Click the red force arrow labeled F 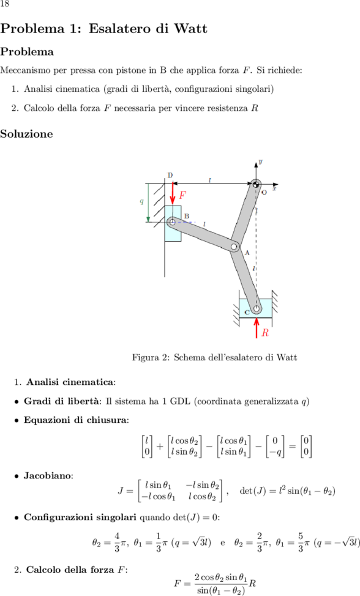(173, 193)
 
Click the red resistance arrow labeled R (257, 327)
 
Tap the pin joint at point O (256, 184)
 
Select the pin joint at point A (234, 247)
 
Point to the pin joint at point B (172, 222)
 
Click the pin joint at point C (256, 308)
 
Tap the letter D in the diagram (170, 175)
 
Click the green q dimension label (142, 201)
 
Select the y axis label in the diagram (260, 162)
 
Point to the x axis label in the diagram (274, 188)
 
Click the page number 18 (4, 4)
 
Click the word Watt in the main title (191, 29)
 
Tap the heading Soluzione (26, 134)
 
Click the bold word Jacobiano (48, 475)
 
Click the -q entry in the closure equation (274, 452)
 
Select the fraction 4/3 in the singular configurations (117, 542)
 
